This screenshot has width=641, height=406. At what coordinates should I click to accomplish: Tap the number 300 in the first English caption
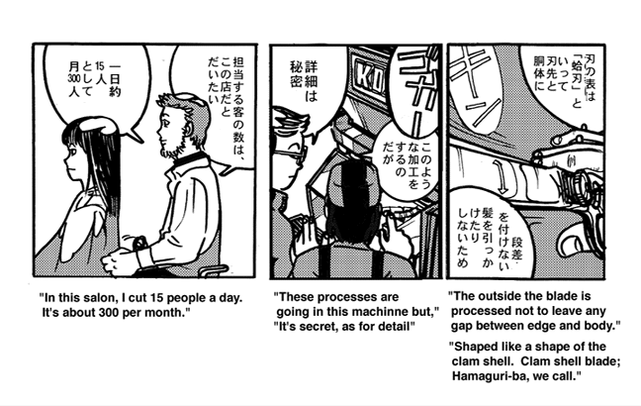(108, 313)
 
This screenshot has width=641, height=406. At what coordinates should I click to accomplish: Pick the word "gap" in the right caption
(460, 327)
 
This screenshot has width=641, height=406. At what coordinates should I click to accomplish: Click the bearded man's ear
(189, 130)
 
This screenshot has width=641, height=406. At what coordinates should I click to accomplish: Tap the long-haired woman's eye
(73, 153)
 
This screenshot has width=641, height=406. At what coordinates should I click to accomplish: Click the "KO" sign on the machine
(367, 76)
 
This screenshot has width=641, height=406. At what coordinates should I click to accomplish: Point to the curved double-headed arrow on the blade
(500, 176)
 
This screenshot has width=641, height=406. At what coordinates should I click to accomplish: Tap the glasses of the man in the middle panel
(291, 155)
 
